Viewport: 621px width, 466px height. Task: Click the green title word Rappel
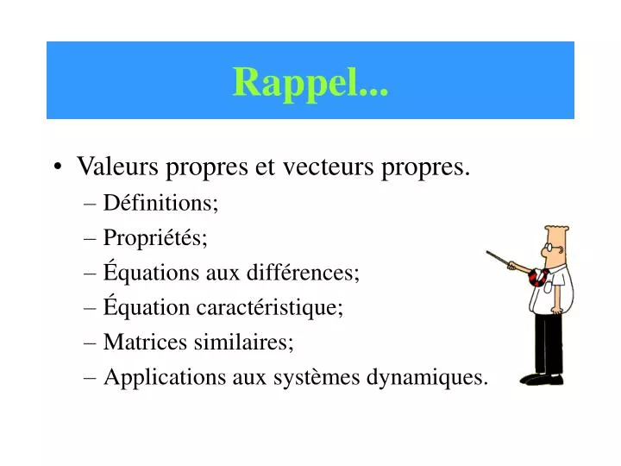coord(310,82)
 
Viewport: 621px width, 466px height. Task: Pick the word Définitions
coord(160,203)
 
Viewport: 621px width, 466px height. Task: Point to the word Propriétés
coord(155,237)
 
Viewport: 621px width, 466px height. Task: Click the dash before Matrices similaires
coord(92,343)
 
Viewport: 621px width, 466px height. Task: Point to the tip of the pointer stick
coord(488,253)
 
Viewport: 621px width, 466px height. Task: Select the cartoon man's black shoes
coord(543,378)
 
